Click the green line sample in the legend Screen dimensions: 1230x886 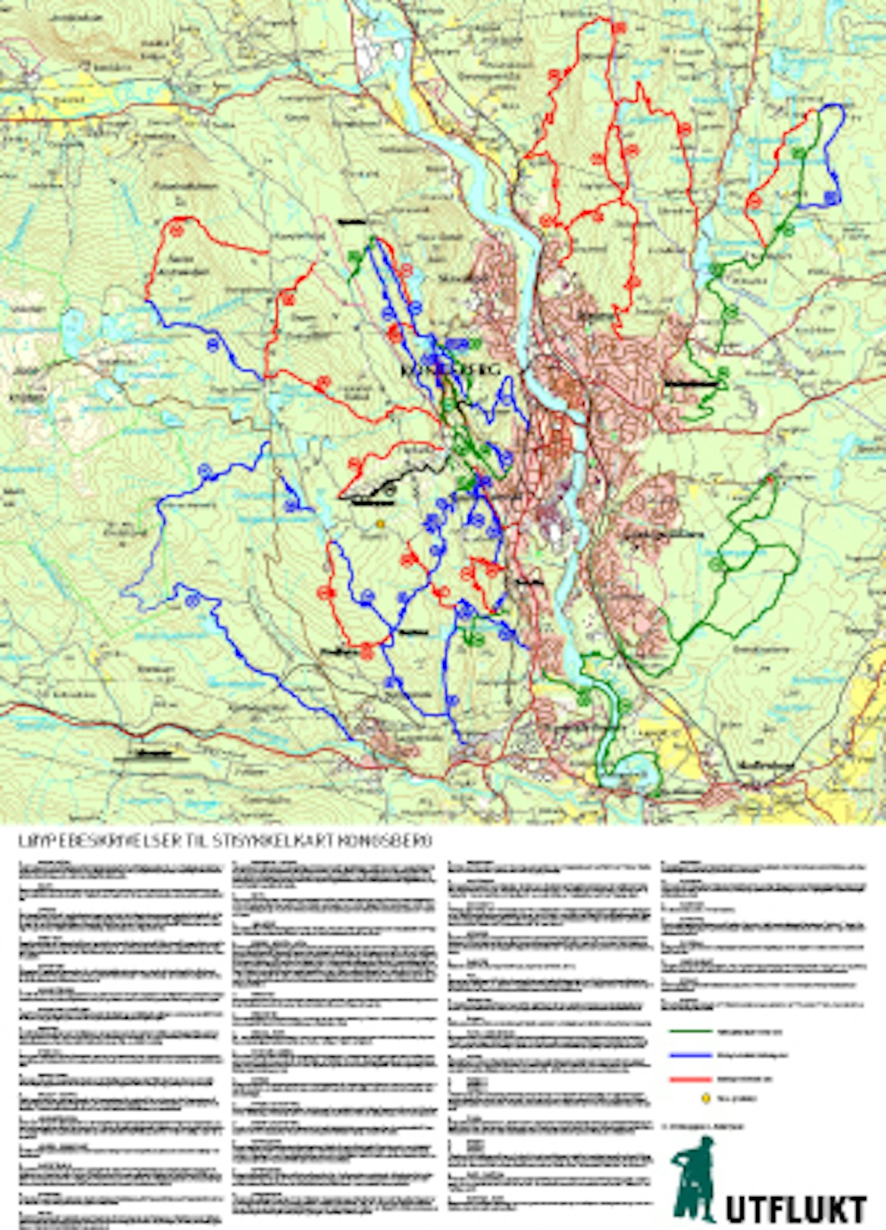pos(691,1031)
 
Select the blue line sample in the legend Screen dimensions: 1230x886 pos(691,1056)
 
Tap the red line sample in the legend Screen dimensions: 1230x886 pos(691,1079)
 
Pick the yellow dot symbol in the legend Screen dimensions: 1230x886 pos(706,1098)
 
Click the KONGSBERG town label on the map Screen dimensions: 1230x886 pos(450,370)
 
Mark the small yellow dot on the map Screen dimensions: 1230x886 pos(379,525)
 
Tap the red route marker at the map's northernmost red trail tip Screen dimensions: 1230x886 pos(618,27)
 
